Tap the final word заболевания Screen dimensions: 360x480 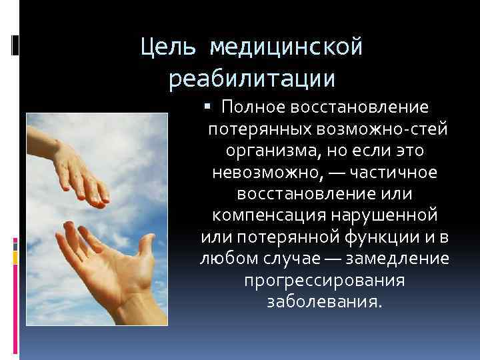(324, 301)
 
